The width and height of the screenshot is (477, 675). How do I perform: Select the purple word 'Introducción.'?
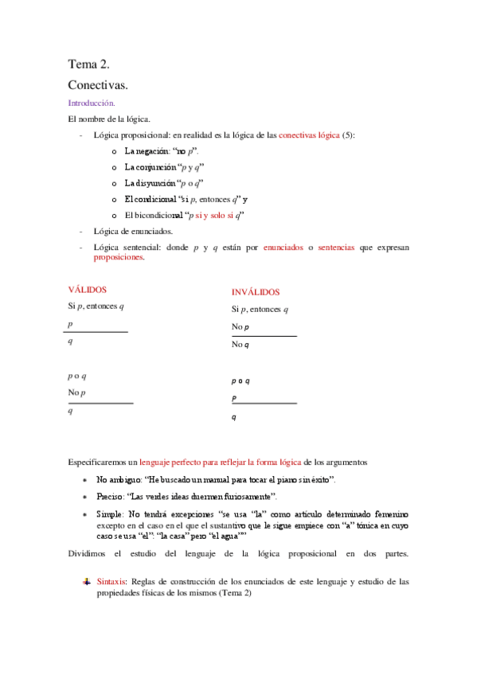click(x=92, y=103)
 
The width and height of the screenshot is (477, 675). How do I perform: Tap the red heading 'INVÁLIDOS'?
click(x=256, y=292)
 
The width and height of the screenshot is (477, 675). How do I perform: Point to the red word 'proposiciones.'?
click(x=119, y=258)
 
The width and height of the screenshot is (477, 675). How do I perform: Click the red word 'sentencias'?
click(x=338, y=248)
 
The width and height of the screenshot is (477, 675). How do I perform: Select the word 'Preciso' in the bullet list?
click(x=111, y=497)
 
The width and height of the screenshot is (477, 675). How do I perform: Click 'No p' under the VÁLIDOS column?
click(x=76, y=393)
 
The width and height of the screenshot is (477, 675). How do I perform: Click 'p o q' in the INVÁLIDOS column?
click(x=241, y=380)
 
